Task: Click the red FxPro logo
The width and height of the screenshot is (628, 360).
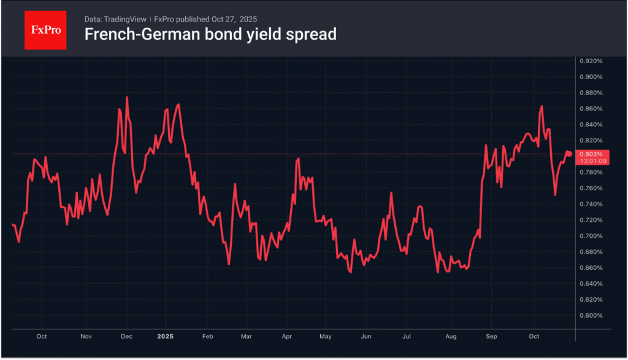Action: tap(45, 29)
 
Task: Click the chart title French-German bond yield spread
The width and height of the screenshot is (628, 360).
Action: tap(210, 34)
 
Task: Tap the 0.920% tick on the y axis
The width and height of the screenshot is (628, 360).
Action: tap(592, 61)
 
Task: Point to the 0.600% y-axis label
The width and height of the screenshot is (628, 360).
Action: tap(592, 315)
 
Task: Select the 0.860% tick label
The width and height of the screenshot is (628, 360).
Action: tap(592, 109)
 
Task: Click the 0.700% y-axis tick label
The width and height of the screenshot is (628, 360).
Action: tap(592, 236)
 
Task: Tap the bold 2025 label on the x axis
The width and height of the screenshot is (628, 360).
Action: tap(166, 336)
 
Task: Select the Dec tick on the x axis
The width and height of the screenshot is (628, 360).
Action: tap(127, 336)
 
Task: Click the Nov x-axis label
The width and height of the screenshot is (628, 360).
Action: tap(86, 336)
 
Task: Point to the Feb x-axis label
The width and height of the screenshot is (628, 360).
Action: tap(207, 336)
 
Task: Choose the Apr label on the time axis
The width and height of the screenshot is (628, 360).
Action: tap(286, 336)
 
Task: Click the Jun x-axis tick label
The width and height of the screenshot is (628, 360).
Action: tap(366, 336)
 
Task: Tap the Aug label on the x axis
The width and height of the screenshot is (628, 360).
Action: tap(451, 336)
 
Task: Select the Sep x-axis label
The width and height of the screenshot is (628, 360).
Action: tap(491, 336)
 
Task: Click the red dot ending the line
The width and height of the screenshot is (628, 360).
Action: tap(569, 153)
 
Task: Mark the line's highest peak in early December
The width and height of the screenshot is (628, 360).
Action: tap(127, 97)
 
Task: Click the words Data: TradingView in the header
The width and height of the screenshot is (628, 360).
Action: tap(115, 19)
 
